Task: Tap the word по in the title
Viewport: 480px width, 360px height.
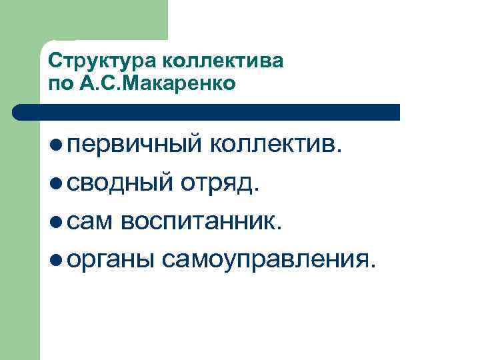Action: click(x=59, y=84)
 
